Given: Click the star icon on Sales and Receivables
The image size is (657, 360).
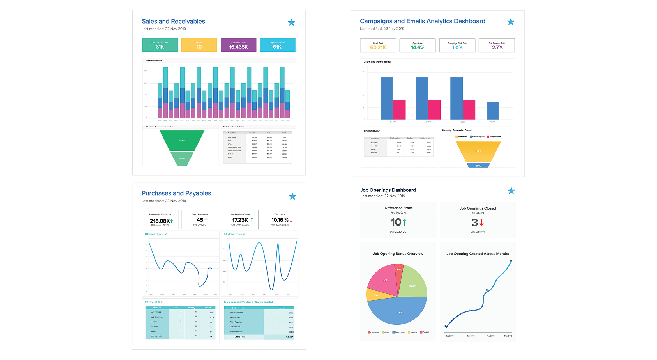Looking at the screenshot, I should [x=292, y=22].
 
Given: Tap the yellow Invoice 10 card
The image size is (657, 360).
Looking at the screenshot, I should [x=199, y=45].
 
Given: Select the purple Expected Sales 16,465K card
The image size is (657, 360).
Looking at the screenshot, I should [x=238, y=45].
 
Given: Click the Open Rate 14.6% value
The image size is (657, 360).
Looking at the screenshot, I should [x=417, y=48].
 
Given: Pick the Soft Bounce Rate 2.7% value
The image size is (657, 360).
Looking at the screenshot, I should [x=497, y=48].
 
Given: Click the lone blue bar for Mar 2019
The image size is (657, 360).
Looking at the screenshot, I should [x=493, y=111].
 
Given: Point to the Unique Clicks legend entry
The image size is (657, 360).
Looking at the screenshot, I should [x=494, y=137].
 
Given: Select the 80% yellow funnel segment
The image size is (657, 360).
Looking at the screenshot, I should [x=478, y=151].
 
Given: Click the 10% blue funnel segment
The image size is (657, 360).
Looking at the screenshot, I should [x=478, y=166].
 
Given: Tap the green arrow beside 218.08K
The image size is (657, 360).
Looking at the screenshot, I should [x=172, y=221].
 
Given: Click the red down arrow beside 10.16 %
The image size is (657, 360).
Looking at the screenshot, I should [x=291, y=220].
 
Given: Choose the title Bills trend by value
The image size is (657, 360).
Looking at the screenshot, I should [x=234, y=234].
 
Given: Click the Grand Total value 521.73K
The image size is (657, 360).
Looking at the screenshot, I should [x=290, y=337].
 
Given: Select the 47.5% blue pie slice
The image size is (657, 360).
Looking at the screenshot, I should [x=399, y=312].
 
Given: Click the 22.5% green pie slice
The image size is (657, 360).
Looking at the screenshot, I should [x=412, y=286].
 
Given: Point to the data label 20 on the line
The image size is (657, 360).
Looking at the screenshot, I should [x=511, y=261].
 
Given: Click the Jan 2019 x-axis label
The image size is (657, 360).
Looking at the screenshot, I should [x=471, y=336].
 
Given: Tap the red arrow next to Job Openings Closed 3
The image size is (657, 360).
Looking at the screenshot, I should [x=482, y=223].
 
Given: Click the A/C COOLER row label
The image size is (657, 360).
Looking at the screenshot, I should [x=156, y=312].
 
